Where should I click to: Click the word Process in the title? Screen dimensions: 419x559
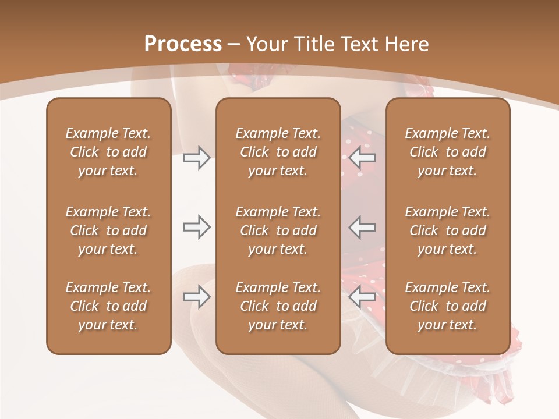(183, 44)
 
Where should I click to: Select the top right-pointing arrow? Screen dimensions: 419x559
(196, 157)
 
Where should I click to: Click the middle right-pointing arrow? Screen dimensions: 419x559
(196, 227)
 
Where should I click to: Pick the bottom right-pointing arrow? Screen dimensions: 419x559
(196, 297)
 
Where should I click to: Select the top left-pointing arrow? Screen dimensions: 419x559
(362, 157)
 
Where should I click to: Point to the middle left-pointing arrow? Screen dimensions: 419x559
(362, 227)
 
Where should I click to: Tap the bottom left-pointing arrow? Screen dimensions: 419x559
(362, 297)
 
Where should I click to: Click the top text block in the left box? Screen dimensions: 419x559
(108, 152)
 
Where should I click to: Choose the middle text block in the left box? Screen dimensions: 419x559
(108, 230)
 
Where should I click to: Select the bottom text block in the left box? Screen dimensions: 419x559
(108, 306)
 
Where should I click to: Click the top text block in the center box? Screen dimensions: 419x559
(278, 152)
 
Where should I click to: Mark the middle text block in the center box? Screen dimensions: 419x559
(278, 230)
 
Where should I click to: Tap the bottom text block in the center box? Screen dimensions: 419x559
(278, 306)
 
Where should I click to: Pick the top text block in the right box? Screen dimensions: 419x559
(447, 152)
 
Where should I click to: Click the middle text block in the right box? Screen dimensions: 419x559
(447, 230)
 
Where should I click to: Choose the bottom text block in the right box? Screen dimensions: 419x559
(447, 306)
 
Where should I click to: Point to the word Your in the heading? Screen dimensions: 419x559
(267, 44)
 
